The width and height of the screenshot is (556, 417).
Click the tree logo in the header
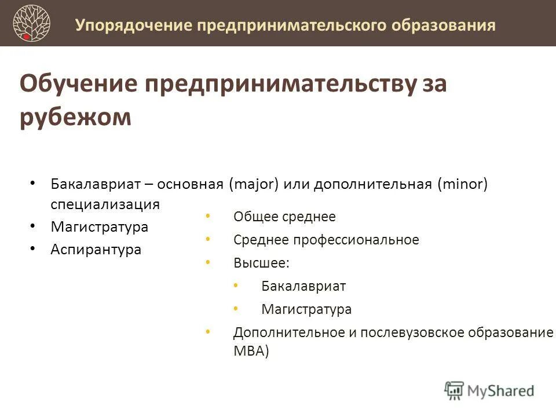32,23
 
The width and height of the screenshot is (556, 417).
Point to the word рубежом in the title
76,117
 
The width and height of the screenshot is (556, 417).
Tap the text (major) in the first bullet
254,184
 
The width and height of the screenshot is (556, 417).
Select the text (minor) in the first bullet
463,184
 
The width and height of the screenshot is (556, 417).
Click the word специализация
105,205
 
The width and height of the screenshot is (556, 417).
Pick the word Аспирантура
96,250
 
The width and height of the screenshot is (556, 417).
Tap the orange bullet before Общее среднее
208,216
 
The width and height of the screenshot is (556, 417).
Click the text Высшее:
261,263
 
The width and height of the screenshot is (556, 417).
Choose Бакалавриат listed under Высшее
303,286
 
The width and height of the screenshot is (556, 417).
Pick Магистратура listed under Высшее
306,309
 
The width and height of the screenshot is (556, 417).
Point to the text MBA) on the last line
251,352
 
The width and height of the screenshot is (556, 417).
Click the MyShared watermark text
502,390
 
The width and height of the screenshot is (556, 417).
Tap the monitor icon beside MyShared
455,390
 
